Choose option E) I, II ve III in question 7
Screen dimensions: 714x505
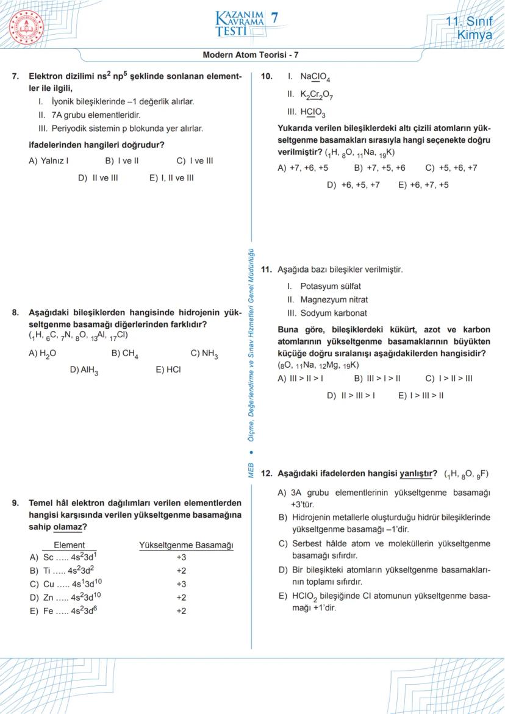[171, 178]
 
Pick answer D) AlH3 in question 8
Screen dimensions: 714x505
[85, 369]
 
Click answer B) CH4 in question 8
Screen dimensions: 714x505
[125, 354]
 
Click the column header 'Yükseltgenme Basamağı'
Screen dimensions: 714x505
[186, 545]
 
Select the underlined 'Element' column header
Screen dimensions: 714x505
[70, 545]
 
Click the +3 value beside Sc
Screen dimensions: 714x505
[181, 557]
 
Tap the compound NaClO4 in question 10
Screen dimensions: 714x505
[315, 77]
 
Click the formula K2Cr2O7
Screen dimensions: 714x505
[317, 95]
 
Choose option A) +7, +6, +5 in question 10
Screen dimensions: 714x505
[303, 168]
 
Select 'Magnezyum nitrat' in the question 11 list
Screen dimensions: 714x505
[334, 299]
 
